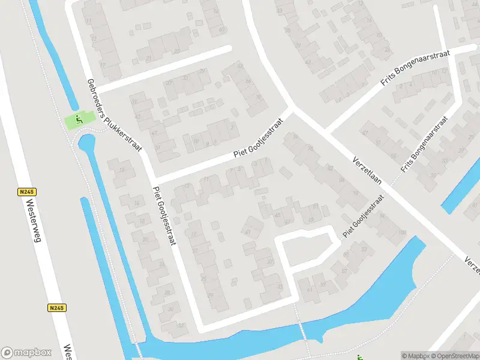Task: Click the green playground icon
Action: pos(78,119)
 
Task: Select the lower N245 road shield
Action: pos(56,308)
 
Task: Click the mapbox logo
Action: pos(26,352)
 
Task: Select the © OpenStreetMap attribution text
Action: pos(454,356)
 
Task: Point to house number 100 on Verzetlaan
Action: pos(401,232)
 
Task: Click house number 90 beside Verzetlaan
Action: pos(356,193)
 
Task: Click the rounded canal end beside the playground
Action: pos(86,143)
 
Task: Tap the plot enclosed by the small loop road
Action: pos(306,250)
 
